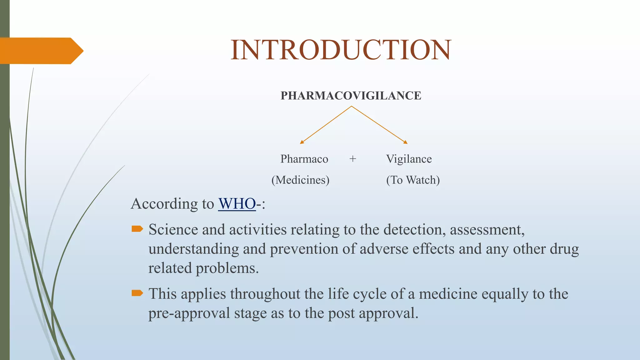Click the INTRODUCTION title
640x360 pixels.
click(341, 50)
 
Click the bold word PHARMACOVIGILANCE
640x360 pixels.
click(351, 96)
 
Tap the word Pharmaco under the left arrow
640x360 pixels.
click(304, 159)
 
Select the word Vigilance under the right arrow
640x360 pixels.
click(409, 159)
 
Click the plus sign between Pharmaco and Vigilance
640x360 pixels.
click(352, 159)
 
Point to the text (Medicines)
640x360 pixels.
click(300, 180)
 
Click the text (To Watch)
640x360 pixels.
click(413, 180)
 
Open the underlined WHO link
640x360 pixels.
click(237, 204)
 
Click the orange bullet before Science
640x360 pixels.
click(137, 229)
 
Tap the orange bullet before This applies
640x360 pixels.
click(137, 293)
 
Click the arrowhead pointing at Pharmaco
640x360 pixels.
click(302, 142)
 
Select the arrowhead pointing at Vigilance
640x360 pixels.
click(406, 142)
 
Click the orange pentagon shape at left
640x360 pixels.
click(41, 51)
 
